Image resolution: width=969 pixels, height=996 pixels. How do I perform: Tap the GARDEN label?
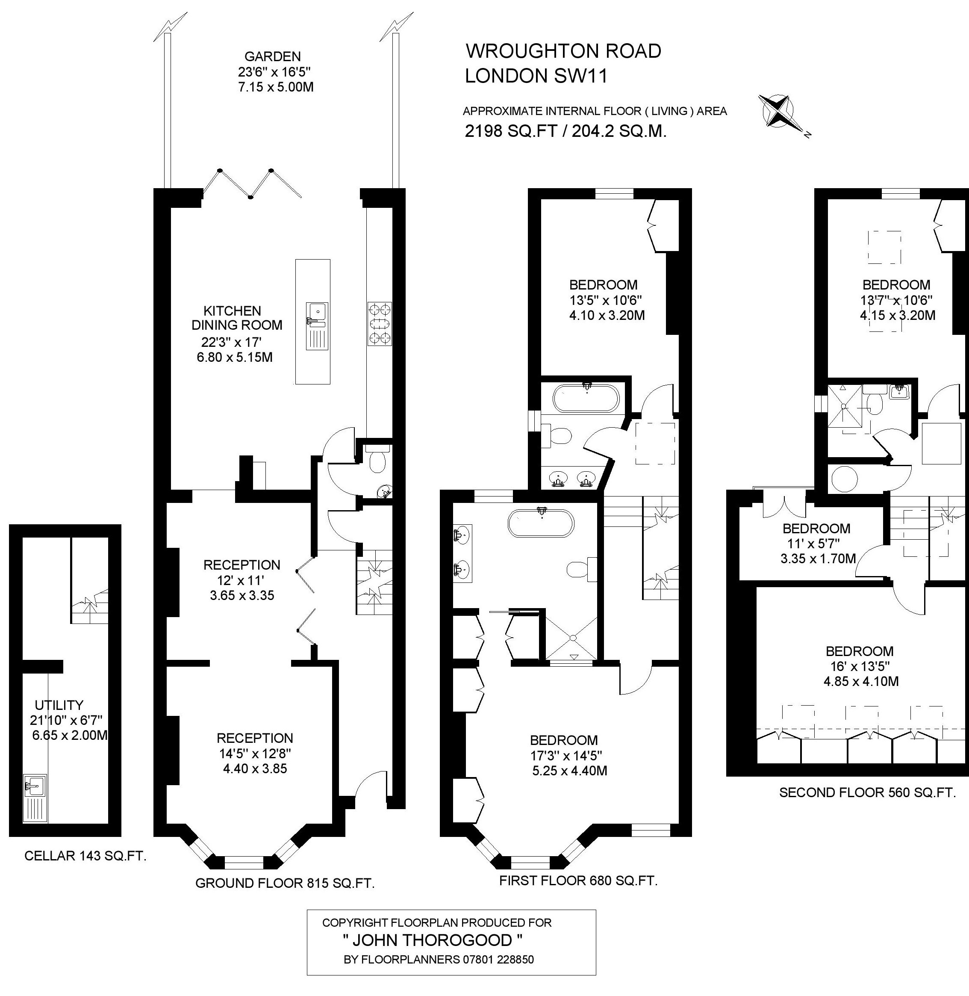tap(273, 56)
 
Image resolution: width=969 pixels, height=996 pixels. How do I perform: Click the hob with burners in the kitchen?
tap(379, 324)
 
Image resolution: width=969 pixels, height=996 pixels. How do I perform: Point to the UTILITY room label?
tap(59, 705)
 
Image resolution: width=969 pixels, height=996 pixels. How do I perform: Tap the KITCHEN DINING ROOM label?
tap(236, 318)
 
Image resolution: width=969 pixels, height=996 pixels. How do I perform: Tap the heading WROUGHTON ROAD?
tap(563, 51)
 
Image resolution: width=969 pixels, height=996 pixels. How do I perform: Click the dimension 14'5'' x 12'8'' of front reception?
tap(254, 753)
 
